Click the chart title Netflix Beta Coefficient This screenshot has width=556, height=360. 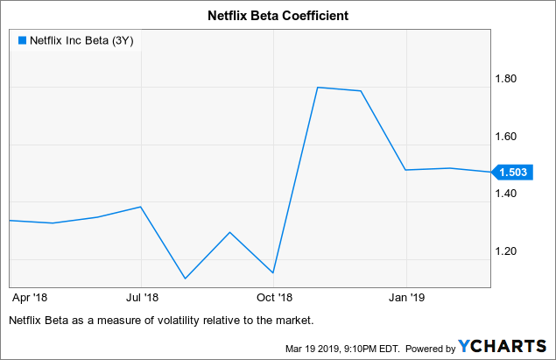pyautogui.click(x=278, y=14)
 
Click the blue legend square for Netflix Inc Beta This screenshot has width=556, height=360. pyautogui.click(x=22, y=39)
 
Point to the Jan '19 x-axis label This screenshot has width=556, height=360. pyautogui.click(x=407, y=296)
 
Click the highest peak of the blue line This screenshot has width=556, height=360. pyautogui.click(x=317, y=88)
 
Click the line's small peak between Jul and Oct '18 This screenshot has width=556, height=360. pyautogui.click(x=229, y=232)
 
